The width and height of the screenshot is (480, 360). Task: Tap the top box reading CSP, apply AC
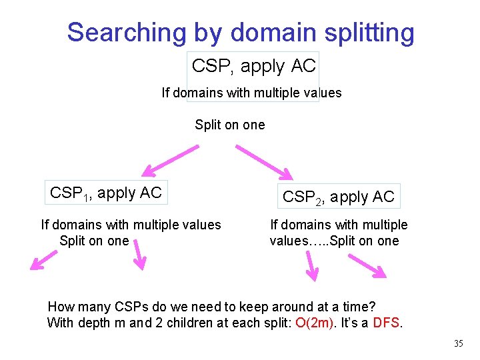tap(253, 66)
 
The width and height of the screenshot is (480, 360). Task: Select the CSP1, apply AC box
tap(106, 193)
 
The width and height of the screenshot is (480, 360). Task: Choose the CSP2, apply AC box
tap(339, 197)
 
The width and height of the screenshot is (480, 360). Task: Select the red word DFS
tap(387, 323)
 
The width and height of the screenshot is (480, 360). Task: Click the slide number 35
tap(458, 344)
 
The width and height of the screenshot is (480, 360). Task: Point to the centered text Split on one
tap(229, 125)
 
